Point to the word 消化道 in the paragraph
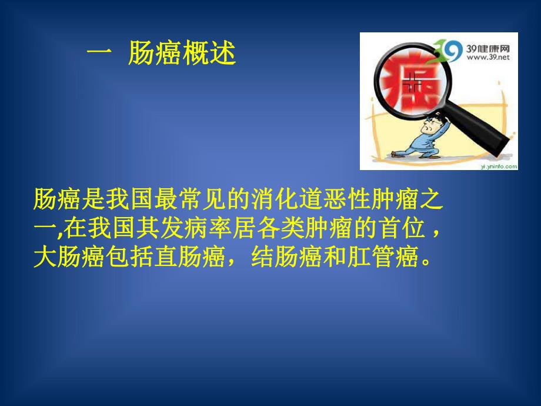click(269, 201)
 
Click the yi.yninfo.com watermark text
click(499, 166)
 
